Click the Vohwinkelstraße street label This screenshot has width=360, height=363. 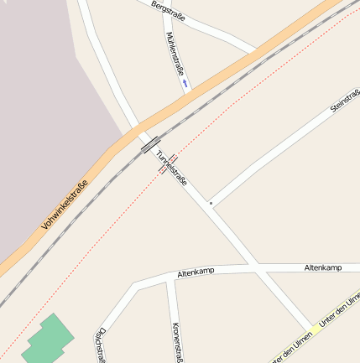coord(64,206)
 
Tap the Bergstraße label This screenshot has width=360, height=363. coord(169,12)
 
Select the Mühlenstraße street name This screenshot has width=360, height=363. coord(175,52)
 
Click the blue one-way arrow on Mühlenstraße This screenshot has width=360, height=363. coord(184,84)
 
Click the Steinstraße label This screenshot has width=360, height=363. coord(344,101)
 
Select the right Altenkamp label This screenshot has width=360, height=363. coord(323,267)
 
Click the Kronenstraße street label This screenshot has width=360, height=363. coord(177,342)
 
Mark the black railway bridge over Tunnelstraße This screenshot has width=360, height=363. coord(150,145)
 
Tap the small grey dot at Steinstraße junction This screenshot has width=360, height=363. coord(211,203)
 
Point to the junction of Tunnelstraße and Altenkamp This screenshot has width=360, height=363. coord(252,267)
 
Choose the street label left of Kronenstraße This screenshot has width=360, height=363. coord(101,345)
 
